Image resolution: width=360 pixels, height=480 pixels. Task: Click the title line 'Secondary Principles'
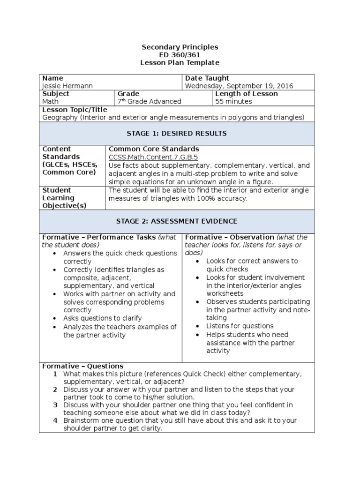tap(180, 47)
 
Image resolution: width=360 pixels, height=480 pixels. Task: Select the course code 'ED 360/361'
tap(180, 55)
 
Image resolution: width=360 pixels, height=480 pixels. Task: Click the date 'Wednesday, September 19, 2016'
tap(239, 86)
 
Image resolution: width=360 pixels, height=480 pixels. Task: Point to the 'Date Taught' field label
tap(207, 78)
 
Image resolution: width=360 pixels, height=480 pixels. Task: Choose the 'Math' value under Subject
tap(51, 101)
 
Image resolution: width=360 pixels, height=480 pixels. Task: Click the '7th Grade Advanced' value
tap(149, 101)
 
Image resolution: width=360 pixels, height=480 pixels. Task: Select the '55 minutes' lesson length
tap(233, 101)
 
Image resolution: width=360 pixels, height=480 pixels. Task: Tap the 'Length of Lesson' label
tap(246, 94)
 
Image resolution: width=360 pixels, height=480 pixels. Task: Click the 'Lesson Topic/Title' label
tap(71, 109)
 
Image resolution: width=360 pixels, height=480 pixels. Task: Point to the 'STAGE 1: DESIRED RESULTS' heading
tap(180, 134)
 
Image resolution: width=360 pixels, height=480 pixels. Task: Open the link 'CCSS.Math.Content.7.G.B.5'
tap(153, 157)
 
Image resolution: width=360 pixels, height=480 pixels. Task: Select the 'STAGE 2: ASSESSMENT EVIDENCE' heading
tap(180, 221)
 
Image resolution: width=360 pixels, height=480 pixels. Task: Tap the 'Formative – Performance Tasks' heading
tap(99, 237)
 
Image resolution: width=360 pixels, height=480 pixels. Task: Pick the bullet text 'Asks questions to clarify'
tap(103, 318)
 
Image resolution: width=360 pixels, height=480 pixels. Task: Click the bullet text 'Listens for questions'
tap(240, 326)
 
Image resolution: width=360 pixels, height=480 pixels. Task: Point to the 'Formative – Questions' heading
tap(83, 366)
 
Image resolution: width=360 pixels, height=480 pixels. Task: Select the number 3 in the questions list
tap(55, 405)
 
